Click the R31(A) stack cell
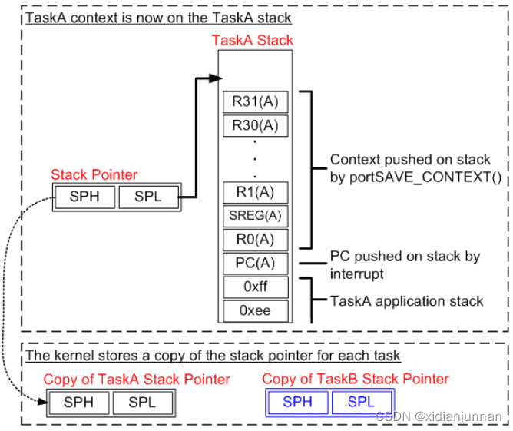click(x=256, y=101)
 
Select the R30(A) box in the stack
click(x=256, y=125)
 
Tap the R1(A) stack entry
click(x=256, y=192)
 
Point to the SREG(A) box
click(x=256, y=216)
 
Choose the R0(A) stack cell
click(x=256, y=240)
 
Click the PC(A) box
click(x=256, y=264)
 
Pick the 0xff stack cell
click(x=256, y=287)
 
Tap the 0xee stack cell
click(x=256, y=311)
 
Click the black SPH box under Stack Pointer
click(x=84, y=197)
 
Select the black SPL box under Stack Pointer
click(x=148, y=197)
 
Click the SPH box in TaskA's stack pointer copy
click(x=79, y=403)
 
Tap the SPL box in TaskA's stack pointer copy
click(x=143, y=403)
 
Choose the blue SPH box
click(x=298, y=402)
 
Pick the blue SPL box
click(x=362, y=402)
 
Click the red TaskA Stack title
click(x=252, y=40)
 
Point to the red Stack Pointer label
click(x=94, y=174)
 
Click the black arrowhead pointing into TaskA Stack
click(x=216, y=78)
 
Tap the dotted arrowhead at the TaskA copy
click(x=43, y=401)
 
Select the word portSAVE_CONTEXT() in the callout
click(x=425, y=177)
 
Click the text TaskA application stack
click(x=407, y=301)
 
